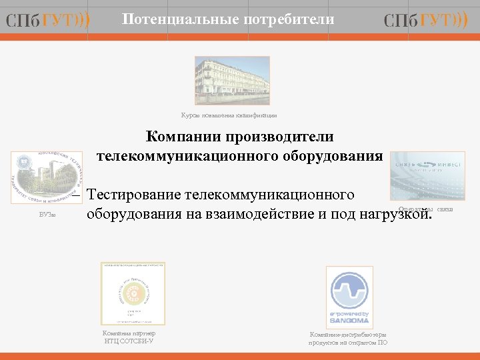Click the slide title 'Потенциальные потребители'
point(228,20)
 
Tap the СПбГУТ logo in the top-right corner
point(425,21)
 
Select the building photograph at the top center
point(232,80)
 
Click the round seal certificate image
point(133,293)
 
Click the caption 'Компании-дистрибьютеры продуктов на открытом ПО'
point(347,338)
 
